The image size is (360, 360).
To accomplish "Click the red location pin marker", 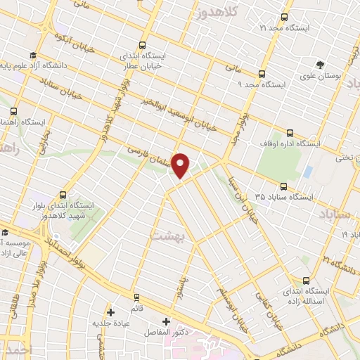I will click(x=181, y=165).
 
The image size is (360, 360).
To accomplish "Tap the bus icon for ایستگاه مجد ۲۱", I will click(x=284, y=17).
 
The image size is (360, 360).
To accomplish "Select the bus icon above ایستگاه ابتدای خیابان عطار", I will click(x=143, y=44).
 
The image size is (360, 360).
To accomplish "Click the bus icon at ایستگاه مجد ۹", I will click(x=262, y=74).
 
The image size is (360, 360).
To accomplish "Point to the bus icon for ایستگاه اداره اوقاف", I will click(x=290, y=133).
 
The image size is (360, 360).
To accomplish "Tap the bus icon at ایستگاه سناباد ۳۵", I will click(x=283, y=187).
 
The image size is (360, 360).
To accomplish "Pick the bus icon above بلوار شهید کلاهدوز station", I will click(x=63, y=195).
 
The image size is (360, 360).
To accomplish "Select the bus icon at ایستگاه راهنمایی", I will click(x=14, y=110).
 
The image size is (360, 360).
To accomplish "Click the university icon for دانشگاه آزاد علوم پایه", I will click(x=32, y=56).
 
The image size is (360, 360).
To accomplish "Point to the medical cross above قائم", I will click(x=110, y=312).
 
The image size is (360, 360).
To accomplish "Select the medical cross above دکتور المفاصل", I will click(x=166, y=321).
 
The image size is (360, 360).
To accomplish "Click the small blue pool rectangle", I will click(x=308, y=172).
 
